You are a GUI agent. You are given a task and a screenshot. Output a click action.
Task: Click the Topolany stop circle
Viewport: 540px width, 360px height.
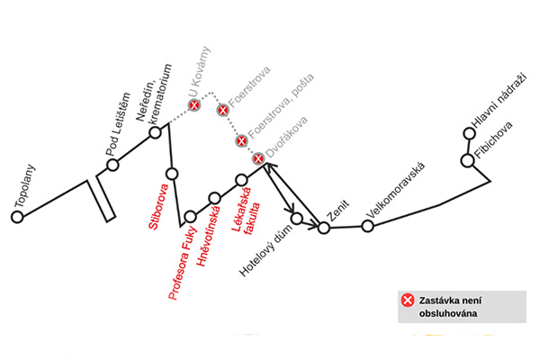pyautogui.click(x=17, y=217)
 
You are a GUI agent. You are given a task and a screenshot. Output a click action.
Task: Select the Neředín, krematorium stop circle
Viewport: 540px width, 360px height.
pyautogui.click(x=156, y=132)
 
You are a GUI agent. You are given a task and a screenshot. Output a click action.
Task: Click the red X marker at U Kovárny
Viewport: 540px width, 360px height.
pyautogui.click(x=193, y=105)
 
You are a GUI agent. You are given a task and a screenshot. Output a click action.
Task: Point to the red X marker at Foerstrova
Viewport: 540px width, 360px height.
pyautogui.click(x=222, y=110)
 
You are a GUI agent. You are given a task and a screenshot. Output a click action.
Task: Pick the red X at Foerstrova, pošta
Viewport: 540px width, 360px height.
pyautogui.click(x=241, y=140)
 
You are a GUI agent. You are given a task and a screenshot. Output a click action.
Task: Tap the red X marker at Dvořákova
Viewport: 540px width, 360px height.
pyautogui.click(x=258, y=158)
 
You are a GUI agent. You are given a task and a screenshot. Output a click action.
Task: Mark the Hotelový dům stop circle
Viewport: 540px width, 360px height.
pyautogui.click(x=298, y=218)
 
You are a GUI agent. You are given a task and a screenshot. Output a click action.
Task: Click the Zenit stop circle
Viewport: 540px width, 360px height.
pyautogui.click(x=324, y=227)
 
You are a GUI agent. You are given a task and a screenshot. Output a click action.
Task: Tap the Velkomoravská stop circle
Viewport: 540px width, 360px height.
pyautogui.click(x=367, y=225)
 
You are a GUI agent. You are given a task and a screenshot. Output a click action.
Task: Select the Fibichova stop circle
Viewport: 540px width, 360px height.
pyautogui.click(x=467, y=161)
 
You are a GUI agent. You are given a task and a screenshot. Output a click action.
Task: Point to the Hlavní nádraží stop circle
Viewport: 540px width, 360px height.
pyautogui.click(x=469, y=135)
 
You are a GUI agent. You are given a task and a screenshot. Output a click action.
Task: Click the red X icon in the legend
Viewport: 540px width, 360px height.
pyautogui.click(x=408, y=300)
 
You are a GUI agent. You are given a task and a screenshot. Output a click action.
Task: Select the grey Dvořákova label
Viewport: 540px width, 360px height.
pyautogui.click(x=287, y=138)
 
